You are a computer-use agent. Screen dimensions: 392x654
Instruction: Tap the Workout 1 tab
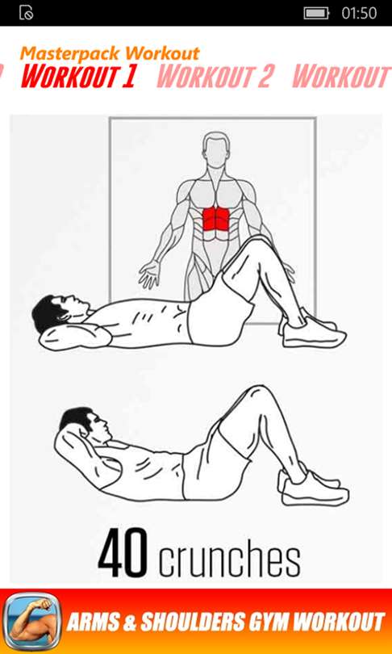tap(78, 77)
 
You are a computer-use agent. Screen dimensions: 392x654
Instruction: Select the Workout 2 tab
tap(215, 77)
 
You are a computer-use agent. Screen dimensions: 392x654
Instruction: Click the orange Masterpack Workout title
tap(110, 53)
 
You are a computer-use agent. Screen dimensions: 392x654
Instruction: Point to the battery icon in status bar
tap(316, 13)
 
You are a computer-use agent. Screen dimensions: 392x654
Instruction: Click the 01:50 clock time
tap(359, 13)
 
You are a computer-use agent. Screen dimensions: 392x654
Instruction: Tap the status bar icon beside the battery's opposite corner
tap(27, 13)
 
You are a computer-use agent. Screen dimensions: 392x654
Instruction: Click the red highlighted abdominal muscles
tap(216, 218)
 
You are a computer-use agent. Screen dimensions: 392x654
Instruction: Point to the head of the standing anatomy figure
tap(216, 149)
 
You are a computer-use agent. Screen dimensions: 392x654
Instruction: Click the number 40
tap(123, 553)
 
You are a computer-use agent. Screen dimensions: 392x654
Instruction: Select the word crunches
tap(229, 557)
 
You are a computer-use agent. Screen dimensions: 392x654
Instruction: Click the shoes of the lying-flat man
tap(314, 330)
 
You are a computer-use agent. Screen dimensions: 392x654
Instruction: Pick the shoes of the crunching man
tap(313, 485)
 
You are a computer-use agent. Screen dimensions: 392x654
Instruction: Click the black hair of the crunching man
tap(76, 418)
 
